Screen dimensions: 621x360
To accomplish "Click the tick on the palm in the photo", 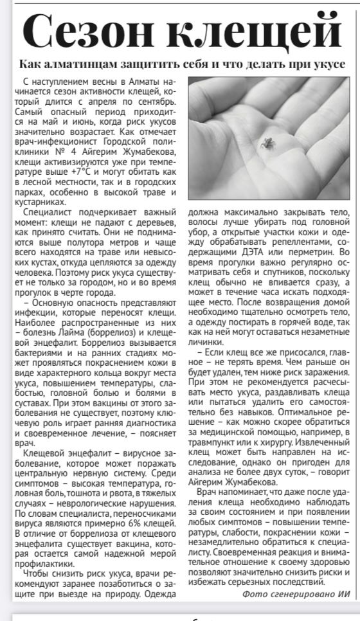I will tap(265, 141).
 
